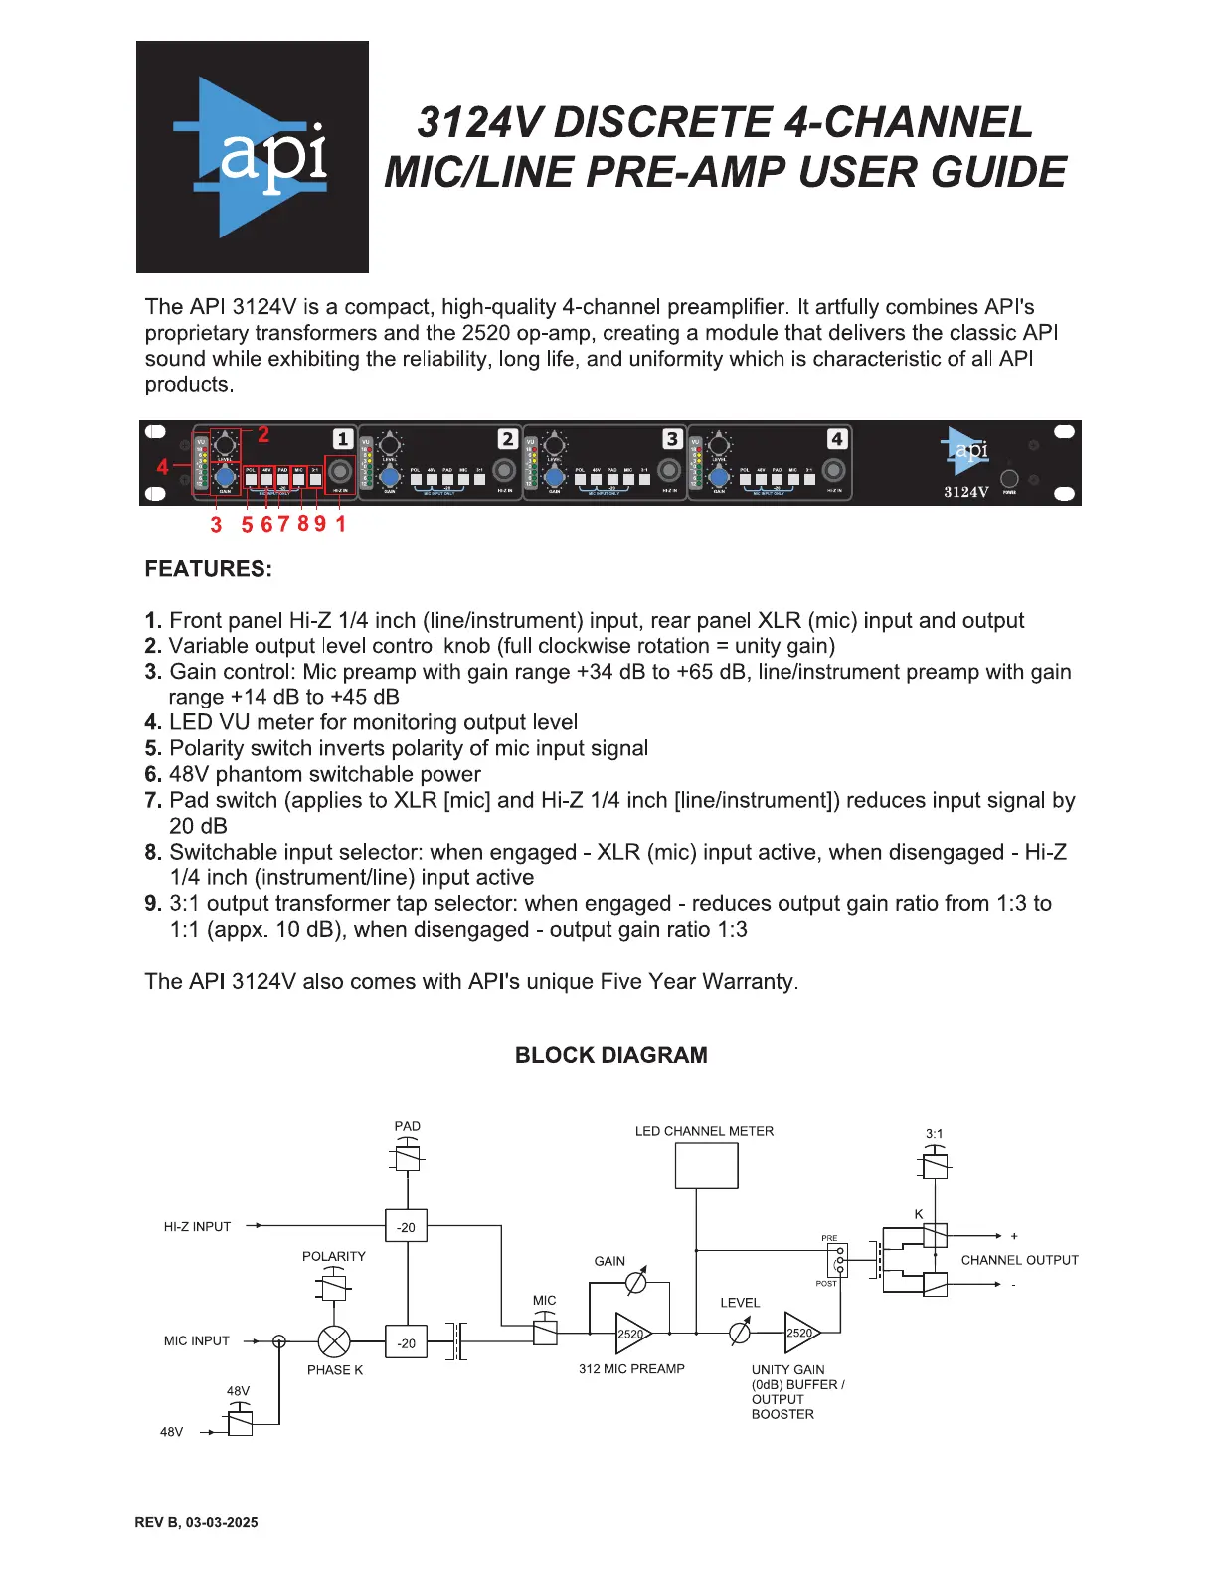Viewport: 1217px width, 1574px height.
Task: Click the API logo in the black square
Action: coord(253,157)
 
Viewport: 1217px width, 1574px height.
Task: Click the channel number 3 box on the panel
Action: coord(672,439)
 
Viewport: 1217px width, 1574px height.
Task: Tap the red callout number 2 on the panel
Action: coord(263,434)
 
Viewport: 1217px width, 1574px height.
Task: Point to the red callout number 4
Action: coord(163,466)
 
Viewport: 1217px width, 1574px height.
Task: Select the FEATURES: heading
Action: coord(208,569)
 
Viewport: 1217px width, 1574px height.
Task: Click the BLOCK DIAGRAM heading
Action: coord(610,1055)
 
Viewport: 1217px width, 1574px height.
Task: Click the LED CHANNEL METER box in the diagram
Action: coord(706,1166)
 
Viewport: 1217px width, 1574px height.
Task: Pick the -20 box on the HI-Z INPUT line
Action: coord(407,1227)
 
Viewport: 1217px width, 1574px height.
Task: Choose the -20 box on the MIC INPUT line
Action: coord(407,1342)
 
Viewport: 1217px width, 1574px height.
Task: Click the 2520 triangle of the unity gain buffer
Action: coord(801,1333)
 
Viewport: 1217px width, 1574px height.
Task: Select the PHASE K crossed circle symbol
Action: coord(334,1341)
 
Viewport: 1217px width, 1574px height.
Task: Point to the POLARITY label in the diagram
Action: coord(334,1256)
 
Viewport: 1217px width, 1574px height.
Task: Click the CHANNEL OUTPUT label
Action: coord(1019,1260)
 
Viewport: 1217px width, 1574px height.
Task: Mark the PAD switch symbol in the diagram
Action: coord(408,1157)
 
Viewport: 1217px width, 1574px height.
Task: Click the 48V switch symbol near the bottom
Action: coord(240,1422)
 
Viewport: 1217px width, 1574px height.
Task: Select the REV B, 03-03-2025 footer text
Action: coord(197,1522)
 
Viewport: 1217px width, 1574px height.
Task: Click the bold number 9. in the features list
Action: coord(153,904)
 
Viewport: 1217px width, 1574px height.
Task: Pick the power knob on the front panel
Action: coord(1009,478)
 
